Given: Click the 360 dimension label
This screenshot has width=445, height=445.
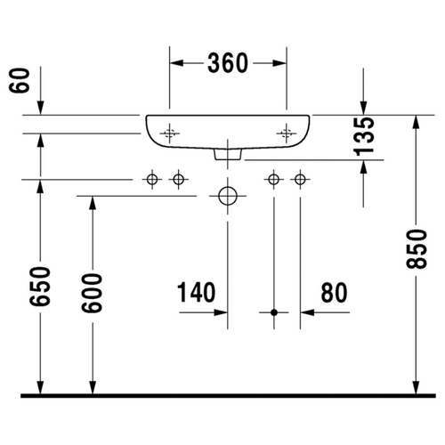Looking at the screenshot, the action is tap(228, 63).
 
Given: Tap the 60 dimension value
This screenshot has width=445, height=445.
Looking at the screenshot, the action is tap(20, 80).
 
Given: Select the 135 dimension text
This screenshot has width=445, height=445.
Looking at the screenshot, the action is tap(364, 136).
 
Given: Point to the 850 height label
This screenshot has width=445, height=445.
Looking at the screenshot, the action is tap(417, 249).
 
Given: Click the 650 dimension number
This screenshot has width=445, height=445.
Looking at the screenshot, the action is tap(40, 286).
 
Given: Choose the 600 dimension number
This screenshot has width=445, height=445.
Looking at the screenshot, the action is tap(92, 293).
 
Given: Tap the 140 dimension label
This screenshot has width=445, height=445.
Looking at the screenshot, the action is tap(196, 293).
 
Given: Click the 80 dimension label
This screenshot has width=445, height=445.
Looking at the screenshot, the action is tap(334, 293).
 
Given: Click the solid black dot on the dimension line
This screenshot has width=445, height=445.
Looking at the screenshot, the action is tap(274, 312).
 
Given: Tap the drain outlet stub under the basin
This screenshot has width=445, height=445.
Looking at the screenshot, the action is tap(228, 154).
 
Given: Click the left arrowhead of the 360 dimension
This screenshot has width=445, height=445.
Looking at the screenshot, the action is tap(176, 63).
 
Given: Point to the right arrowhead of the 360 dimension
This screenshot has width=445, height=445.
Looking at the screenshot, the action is tap(279, 63).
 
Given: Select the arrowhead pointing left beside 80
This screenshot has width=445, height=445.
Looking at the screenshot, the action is tap(307, 312).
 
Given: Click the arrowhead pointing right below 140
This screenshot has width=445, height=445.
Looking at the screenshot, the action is tap(221, 312).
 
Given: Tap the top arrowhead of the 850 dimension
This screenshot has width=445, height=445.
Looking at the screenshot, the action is tap(417, 122).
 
